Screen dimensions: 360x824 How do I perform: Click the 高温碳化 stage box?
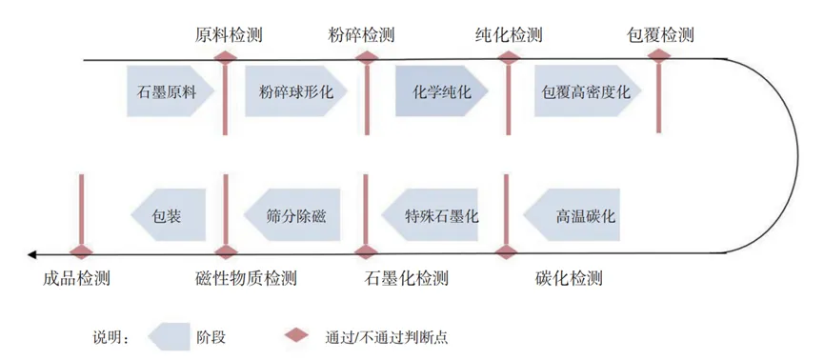tap(582, 215)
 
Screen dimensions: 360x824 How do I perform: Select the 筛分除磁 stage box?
tap(293, 215)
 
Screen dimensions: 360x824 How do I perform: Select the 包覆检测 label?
tap(659, 36)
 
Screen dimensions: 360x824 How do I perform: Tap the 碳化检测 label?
tap(569, 279)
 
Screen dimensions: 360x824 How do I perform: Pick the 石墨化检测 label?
tap(406, 279)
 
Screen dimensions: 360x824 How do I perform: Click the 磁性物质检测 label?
tap(245, 279)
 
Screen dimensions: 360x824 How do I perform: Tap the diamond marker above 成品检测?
tap(81, 253)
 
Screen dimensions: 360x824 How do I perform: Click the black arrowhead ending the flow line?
tap(33, 254)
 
